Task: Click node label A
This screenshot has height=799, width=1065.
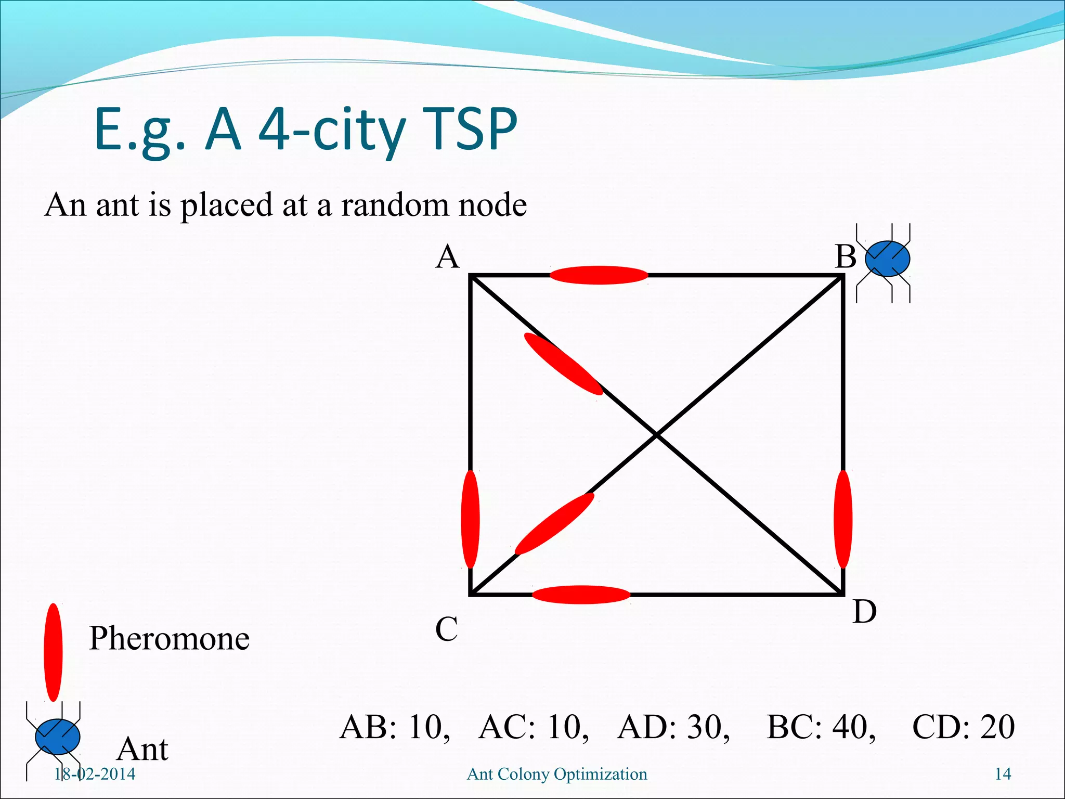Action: (448, 257)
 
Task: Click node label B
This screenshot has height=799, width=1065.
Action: (846, 257)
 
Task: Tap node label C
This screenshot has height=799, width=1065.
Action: (446, 629)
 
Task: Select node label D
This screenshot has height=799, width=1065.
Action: (864, 612)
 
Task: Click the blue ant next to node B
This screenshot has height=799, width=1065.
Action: (887, 259)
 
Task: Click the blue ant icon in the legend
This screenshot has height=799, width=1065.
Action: (57, 737)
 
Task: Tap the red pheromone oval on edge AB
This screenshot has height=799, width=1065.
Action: (599, 275)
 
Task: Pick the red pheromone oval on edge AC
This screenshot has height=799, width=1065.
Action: (470, 519)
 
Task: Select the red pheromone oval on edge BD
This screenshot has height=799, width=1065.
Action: (842, 519)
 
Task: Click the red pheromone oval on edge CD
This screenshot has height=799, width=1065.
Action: (581, 595)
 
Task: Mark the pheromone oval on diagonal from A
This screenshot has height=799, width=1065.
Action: (563, 364)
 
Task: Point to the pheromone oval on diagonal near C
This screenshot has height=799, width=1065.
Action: (554, 524)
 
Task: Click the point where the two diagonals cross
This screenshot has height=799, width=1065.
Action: (657, 435)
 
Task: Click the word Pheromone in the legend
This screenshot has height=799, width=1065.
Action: (169, 638)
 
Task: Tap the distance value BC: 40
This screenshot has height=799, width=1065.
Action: (821, 727)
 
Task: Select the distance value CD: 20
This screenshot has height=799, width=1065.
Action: (963, 727)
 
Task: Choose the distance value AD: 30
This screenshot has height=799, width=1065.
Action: (673, 727)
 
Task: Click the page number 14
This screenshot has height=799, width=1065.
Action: (1003, 774)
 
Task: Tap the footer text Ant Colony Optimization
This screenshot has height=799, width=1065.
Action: (557, 774)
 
